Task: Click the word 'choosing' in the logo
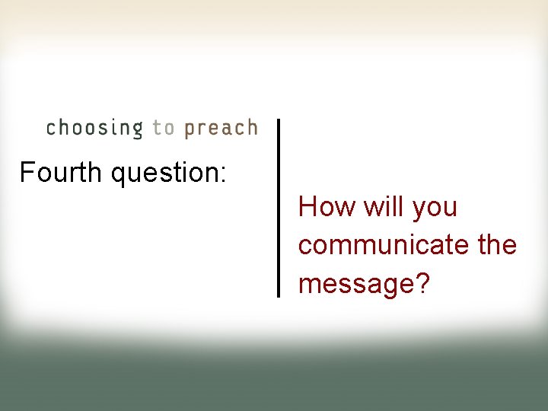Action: (94, 128)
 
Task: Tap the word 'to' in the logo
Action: (163, 128)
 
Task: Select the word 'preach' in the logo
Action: (221, 128)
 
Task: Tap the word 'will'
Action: (383, 207)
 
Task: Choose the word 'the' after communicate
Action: (496, 245)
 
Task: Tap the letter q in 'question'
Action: (119, 176)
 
